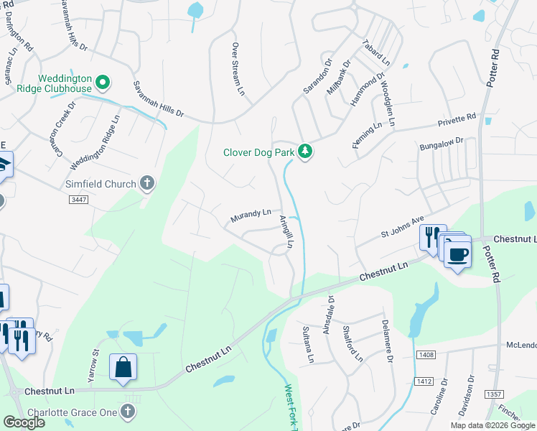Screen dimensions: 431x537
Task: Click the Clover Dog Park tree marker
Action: (x=306, y=152)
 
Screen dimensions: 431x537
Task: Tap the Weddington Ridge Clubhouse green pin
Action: (x=102, y=83)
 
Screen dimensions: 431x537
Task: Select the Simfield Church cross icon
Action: (x=147, y=183)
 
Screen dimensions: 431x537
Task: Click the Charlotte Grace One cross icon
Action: (x=128, y=410)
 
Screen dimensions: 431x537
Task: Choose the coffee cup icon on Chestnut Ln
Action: (x=457, y=254)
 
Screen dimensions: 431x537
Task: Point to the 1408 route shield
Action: (x=426, y=354)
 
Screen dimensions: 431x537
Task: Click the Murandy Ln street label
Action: (x=251, y=215)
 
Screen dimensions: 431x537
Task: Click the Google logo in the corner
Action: (x=24, y=422)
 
